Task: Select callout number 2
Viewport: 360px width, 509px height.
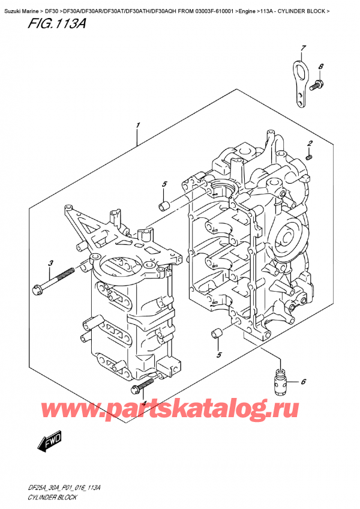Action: coord(310,142)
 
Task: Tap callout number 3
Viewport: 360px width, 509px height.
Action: coord(51,262)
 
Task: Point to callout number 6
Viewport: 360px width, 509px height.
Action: coord(304,382)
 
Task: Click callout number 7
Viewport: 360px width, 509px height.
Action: coord(304,47)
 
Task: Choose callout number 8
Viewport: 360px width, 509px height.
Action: coord(321,67)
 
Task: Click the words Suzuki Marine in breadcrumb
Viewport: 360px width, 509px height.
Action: coord(20,5)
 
